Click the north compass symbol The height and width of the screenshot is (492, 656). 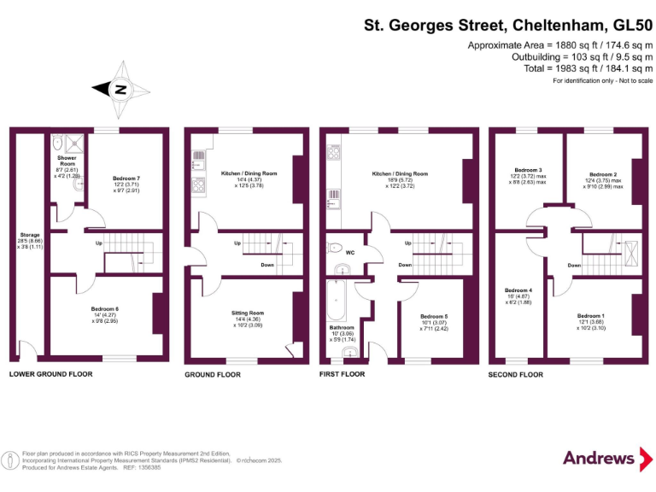tap(121, 88)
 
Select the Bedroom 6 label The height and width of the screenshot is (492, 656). tap(105, 308)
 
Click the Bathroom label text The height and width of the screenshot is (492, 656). tap(342, 327)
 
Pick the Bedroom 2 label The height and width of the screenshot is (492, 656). tap(602, 173)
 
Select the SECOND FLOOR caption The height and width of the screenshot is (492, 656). tap(515, 374)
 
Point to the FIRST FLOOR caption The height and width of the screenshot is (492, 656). tap(342, 374)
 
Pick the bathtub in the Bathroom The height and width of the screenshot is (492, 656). tap(334, 301)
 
